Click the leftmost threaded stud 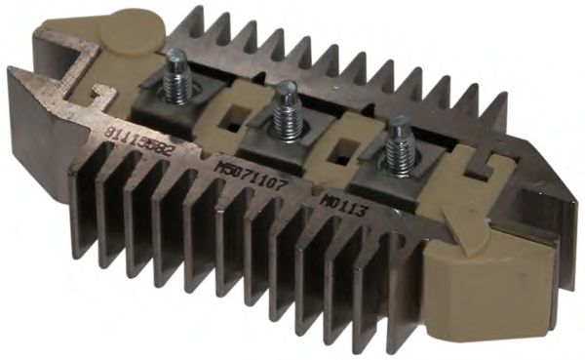tap(175, 77)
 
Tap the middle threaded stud tap(285, 109)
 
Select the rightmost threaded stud tap(399, 143)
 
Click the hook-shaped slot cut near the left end tap(97, 95)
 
